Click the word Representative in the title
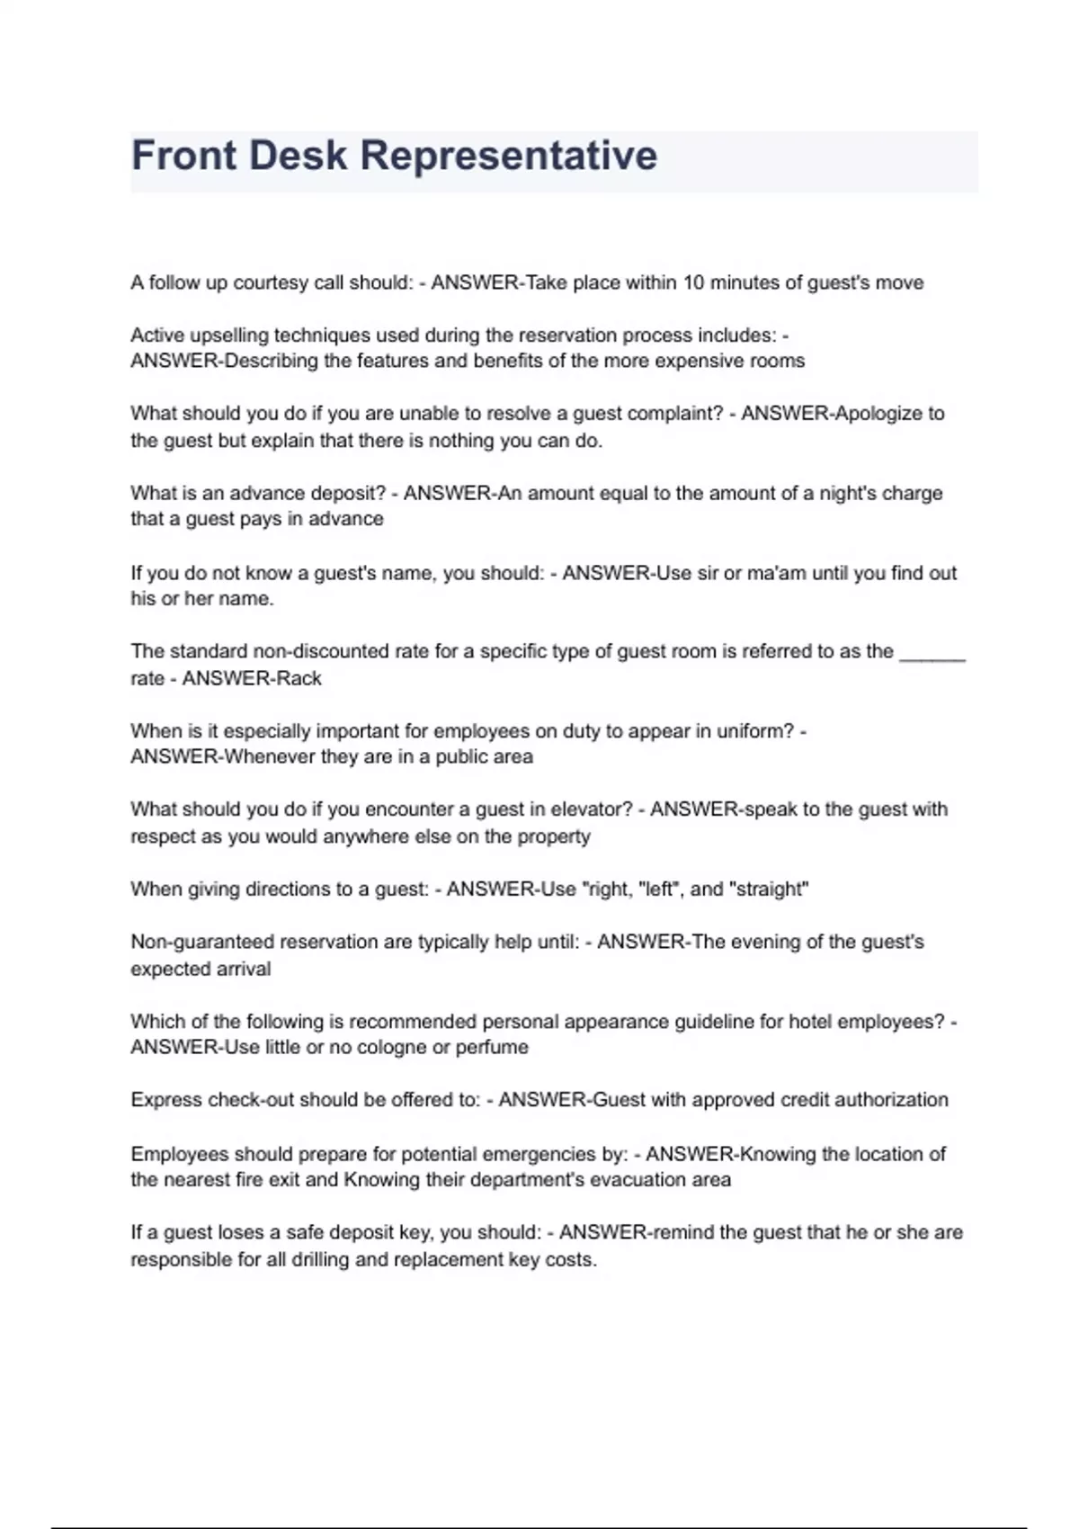point(509,156)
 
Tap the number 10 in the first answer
point(693,282)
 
